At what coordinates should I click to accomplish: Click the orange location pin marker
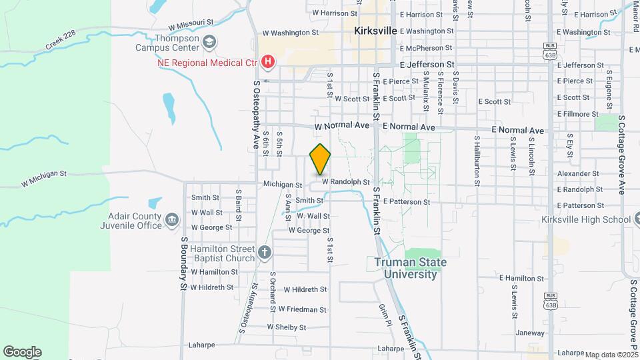click(321, 159)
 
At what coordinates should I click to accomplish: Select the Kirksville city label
click(375, 31)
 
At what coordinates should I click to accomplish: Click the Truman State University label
click(410, 268)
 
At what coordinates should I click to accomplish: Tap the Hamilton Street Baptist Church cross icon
click(265, 252)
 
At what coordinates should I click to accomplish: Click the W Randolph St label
click(346, 181)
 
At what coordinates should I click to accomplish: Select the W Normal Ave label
click(342, 126)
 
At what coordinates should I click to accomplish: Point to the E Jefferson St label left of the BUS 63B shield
click(427, 65)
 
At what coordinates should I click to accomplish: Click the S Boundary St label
click(183, 263)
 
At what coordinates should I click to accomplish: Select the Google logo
click(22, 351)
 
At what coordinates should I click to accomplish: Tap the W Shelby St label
click(286, 327)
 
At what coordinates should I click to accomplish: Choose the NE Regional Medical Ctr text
click(207, 63)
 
